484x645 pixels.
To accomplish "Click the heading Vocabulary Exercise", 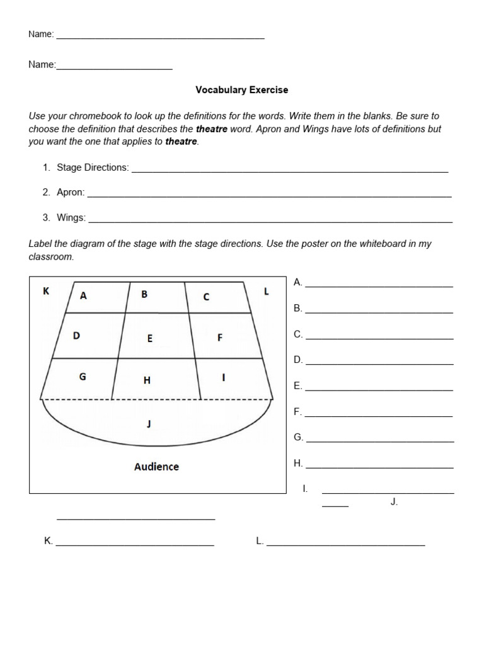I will click(x=241, y=90).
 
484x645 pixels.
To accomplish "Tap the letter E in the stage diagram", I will click(x=150, y=338).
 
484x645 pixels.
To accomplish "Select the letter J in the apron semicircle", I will click(x=149, y=424).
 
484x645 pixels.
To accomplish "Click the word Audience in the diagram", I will click(x=156, y=467).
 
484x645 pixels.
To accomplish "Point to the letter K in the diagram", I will click(x=46, y=291).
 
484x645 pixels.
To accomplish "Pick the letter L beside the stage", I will click(x=267, y=291).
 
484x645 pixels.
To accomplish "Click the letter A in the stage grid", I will click(x=83, y=296).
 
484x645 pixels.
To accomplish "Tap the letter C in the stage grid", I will click(x=206, y=297).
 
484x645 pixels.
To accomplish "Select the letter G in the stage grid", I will click(x=82, y=377).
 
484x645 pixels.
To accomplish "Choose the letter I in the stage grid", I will click(x=223, y=377).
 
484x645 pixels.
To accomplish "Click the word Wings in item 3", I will click(x=71, y=218).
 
